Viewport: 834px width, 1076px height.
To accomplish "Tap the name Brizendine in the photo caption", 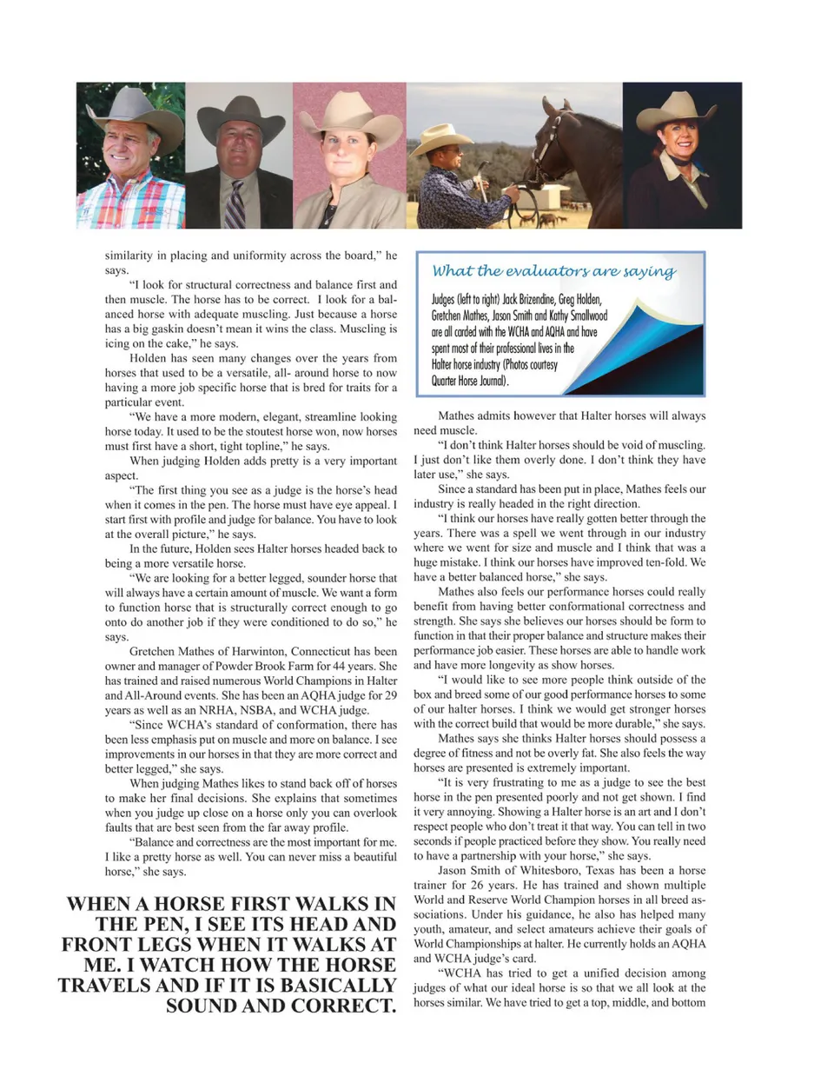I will click(x=527, y=300).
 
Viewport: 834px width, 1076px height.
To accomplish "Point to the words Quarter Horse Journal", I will click(x=470, y=381).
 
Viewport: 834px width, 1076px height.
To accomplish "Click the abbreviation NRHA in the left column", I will click(x=223, y=710).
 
